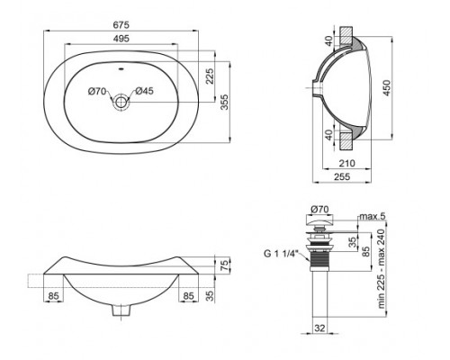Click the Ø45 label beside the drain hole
tap(144, 89)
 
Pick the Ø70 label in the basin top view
tap(97, 89)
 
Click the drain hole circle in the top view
tap(121, 103)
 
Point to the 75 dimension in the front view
tap(226, 264)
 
